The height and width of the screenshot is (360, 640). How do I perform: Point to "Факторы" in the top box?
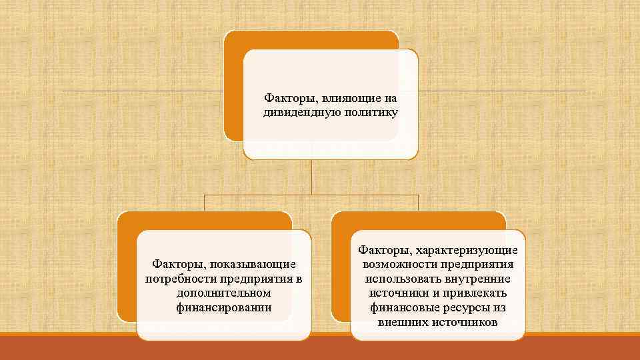285,99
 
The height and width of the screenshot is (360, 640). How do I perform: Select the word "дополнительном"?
223,293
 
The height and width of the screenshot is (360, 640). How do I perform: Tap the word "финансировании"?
223,307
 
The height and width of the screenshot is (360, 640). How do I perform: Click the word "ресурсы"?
463,307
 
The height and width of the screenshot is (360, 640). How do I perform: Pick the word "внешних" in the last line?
401,321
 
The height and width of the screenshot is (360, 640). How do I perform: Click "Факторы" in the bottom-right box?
382,251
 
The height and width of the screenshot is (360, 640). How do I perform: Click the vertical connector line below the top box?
311,177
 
